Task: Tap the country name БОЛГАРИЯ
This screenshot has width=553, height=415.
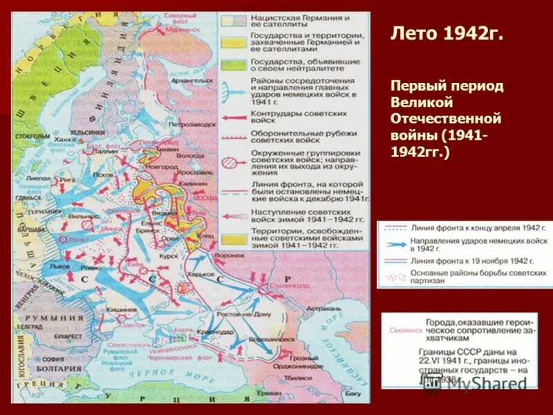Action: coord(61,369)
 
